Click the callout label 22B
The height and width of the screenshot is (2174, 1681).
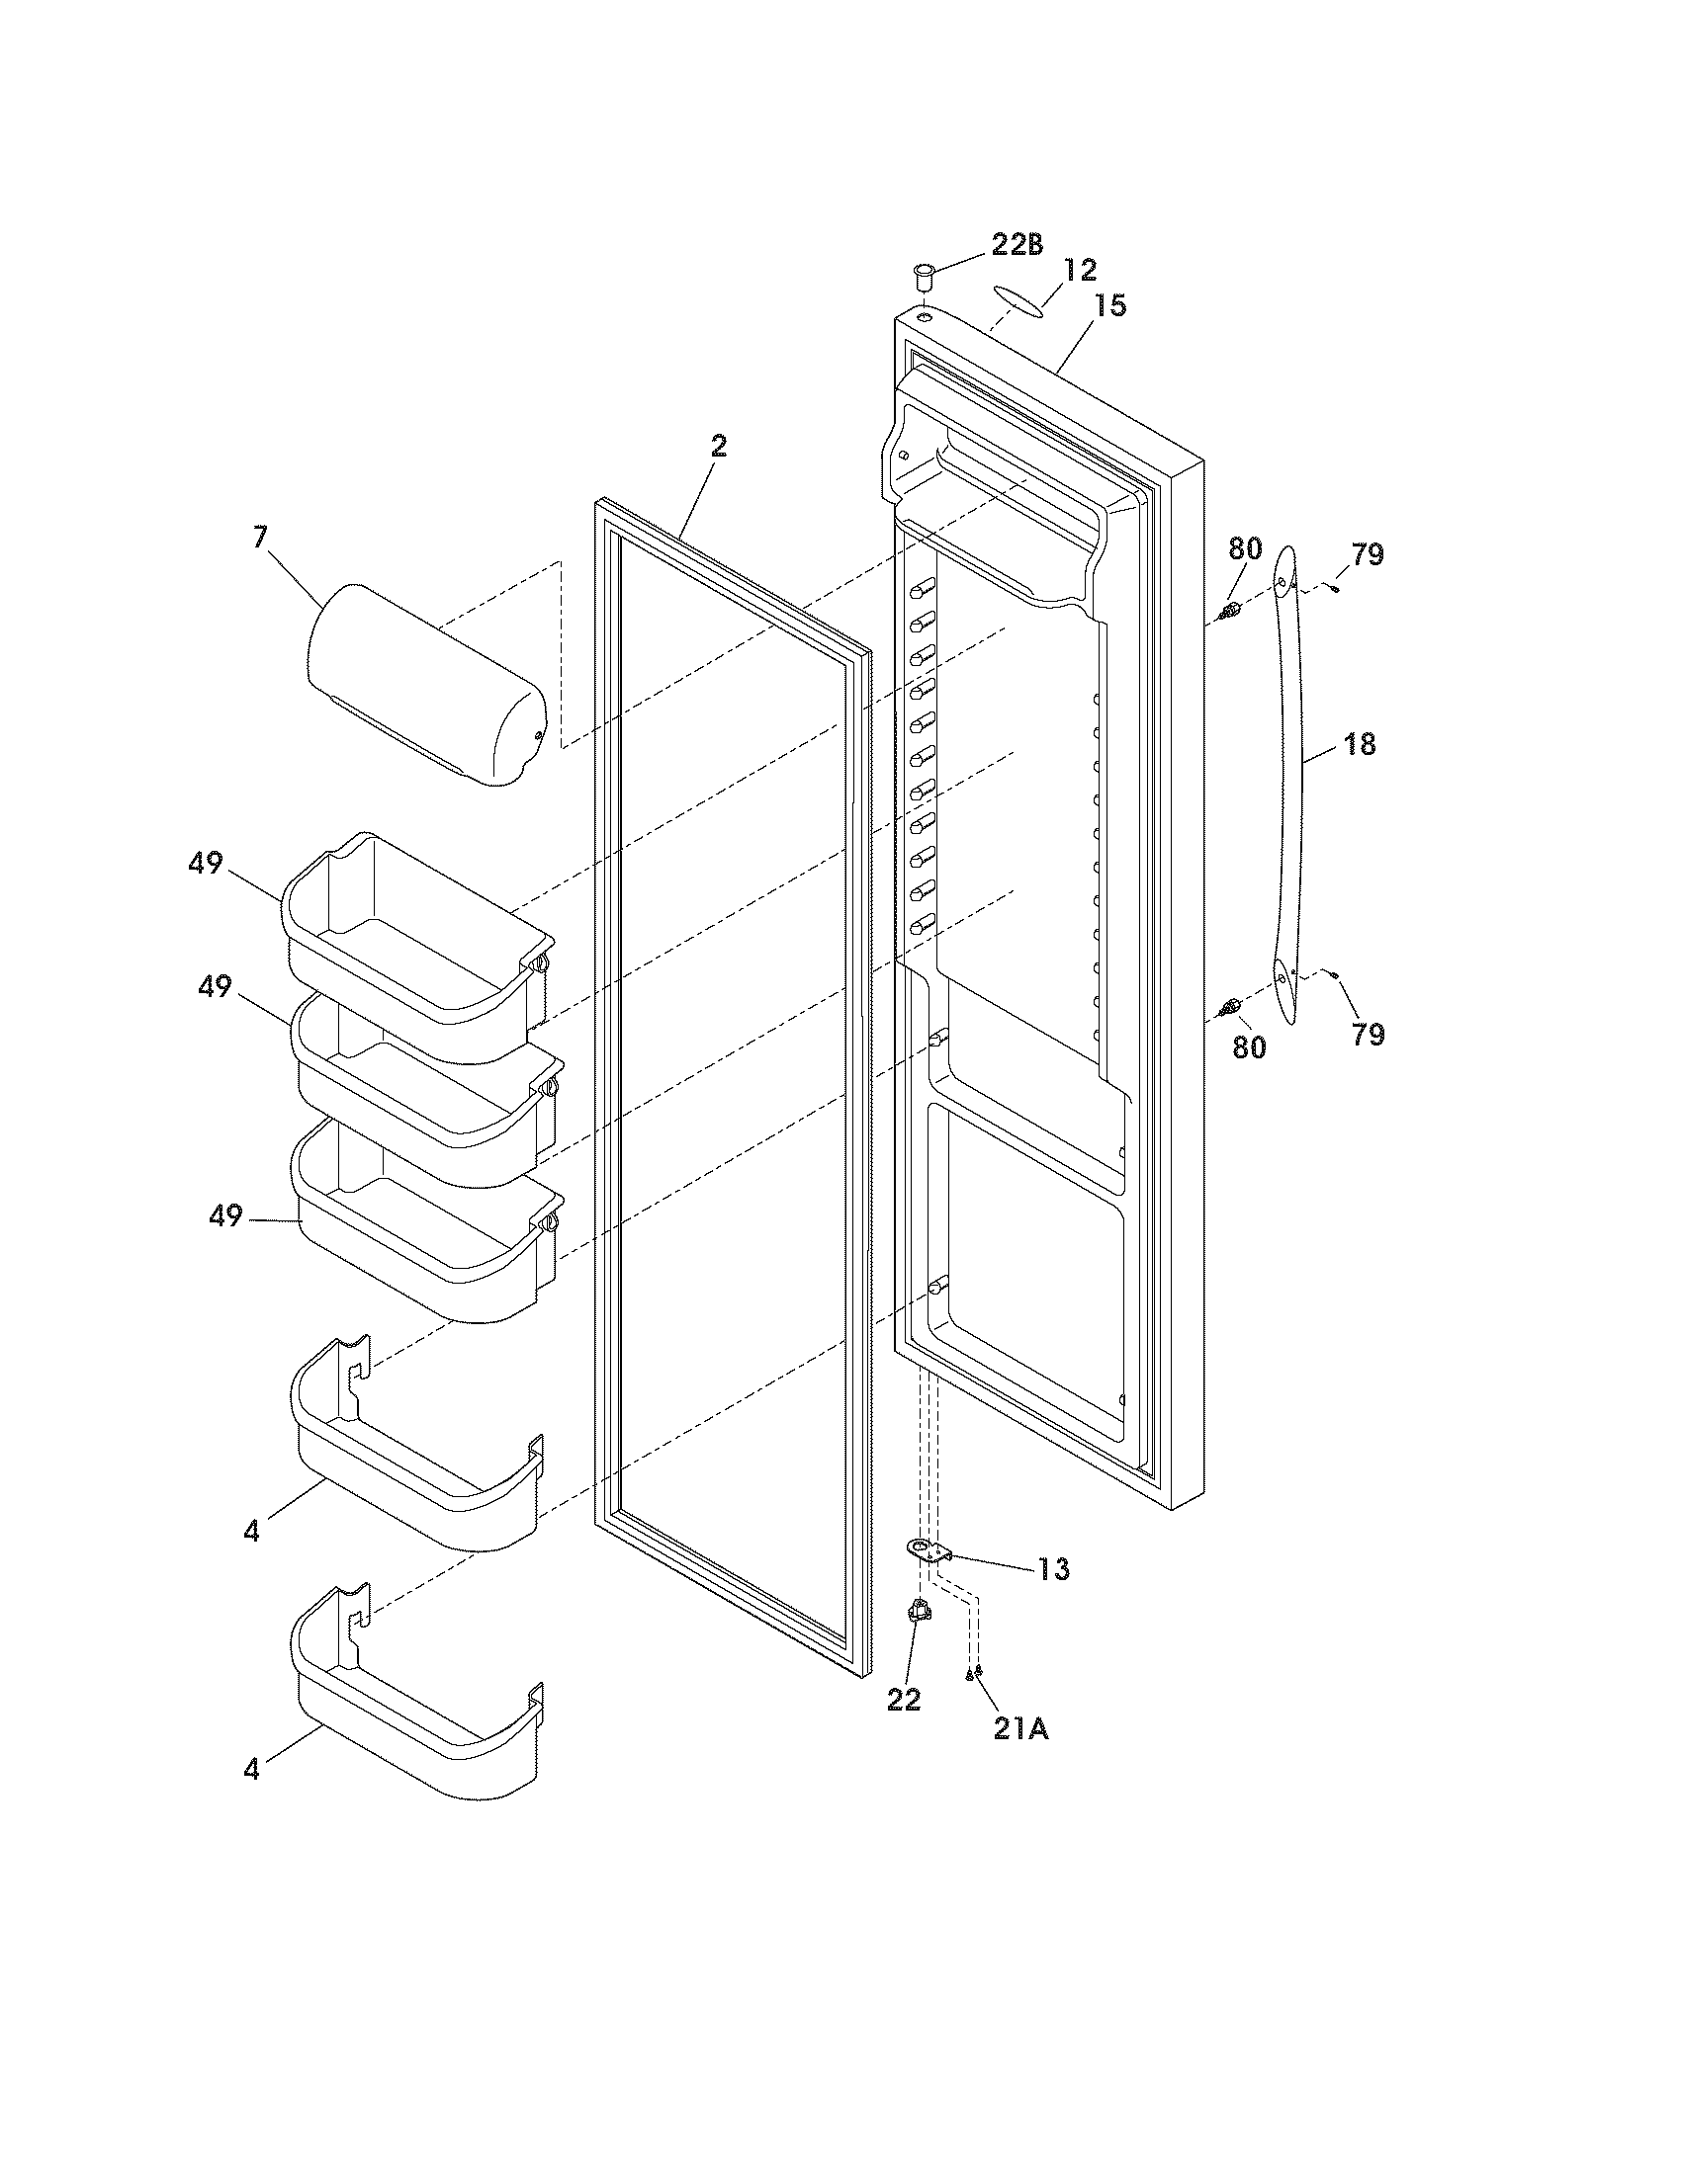(x=1016, y=245)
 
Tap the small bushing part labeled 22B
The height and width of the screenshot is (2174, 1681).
(x=924, y=273)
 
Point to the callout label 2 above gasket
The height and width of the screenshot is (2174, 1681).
(x=718, y=447)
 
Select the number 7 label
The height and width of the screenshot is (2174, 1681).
(x=259, y=538)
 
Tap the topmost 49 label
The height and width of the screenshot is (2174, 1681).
(x=206, y=864)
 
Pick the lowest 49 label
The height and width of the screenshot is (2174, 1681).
(x=226, y=1215)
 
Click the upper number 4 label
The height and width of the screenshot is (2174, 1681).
(x=251, y=1531)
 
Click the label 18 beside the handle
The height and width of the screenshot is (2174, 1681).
(x=1360, y=743)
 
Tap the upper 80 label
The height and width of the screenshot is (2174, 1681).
(x=1245, y=548)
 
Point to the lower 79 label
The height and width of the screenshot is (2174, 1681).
(x=1369, y=1035)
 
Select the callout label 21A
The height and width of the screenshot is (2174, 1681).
(x=1020, y=1730)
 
